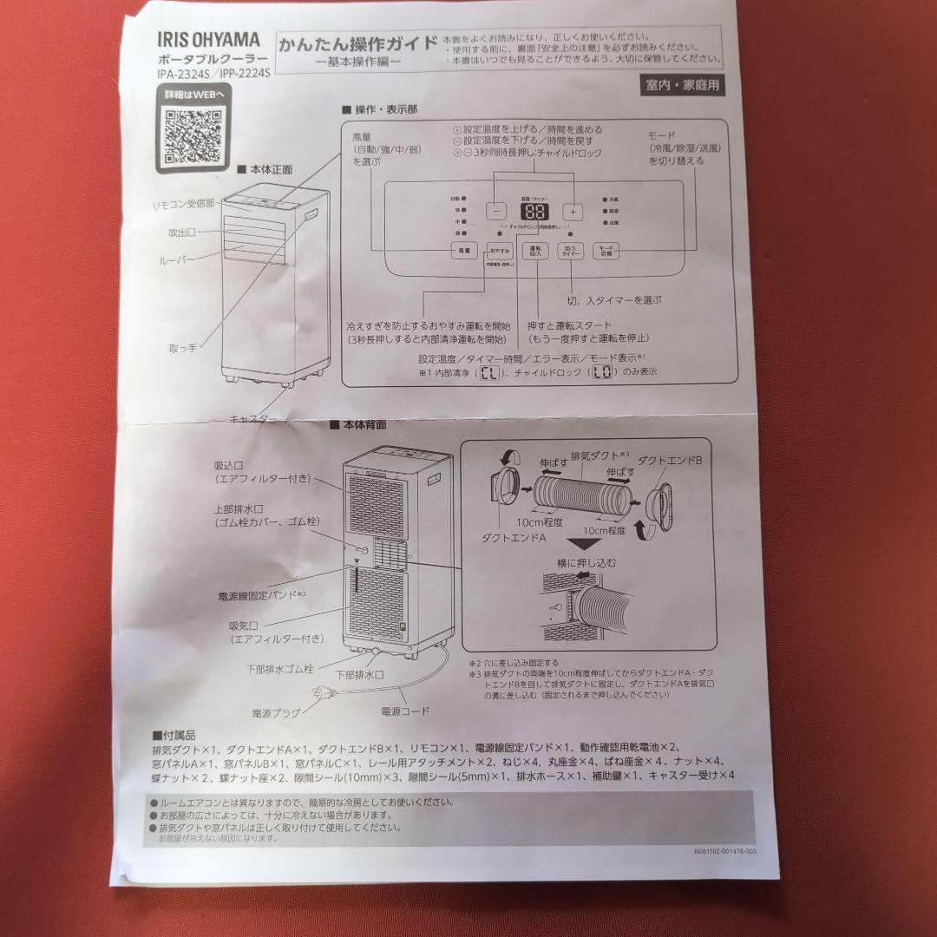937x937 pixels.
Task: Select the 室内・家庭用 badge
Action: pos(682,85)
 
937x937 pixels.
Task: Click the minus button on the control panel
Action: pos(495,211)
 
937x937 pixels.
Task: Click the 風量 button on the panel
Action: pos(464,250)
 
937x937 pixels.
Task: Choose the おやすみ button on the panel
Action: pos(498,250)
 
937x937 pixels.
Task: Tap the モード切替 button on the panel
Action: pos(606,250)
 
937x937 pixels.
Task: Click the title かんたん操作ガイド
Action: pos(357,45)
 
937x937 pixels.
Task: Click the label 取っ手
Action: pos(182,348)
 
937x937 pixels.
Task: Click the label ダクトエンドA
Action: pos(513,538)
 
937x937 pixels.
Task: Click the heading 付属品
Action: pos(175,734)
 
